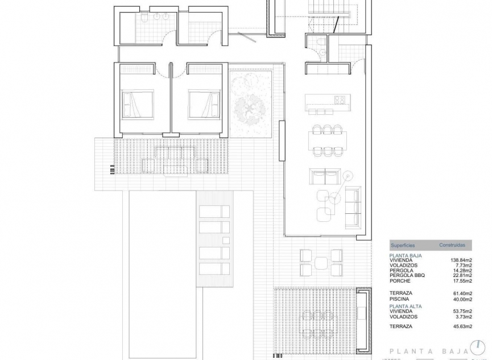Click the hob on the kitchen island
pyautogui.click(x=340, y=100)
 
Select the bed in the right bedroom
pyautogui.click(x=204, y=104)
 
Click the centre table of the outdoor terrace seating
pyautogui.click(x=321, y=263)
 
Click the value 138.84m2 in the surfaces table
pyautogui.click(x=461, y=260)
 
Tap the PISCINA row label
pyautogui.click(x=400, y=299)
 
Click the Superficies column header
pyautogui.click(x=403, y=245)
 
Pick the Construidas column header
pyautogui.click(x=452, y=245)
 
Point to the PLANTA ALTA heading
pyautogui.click(x=405, y=306)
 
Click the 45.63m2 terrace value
pyautogui.click(x=461, y=326)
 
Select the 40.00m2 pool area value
pyautogui.click(x=461, y=299)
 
